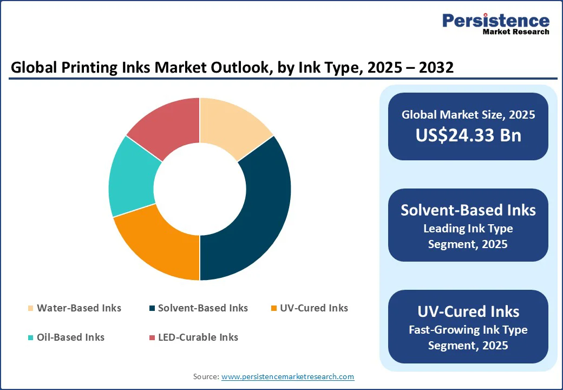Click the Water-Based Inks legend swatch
tap(31, 309)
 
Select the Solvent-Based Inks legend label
tap(202, 308)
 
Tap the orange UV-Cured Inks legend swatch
tap(274, 309)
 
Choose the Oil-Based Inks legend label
tap(70, 337)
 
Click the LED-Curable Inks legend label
tap(198, 337)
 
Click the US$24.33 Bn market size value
tap(468, 135)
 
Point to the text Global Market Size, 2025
tap(468, 115)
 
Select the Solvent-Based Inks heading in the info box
tap(468, 210)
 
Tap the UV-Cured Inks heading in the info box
tap(468, 311)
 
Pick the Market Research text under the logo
tap(515, 32)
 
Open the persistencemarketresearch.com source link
tap(287, 376)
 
